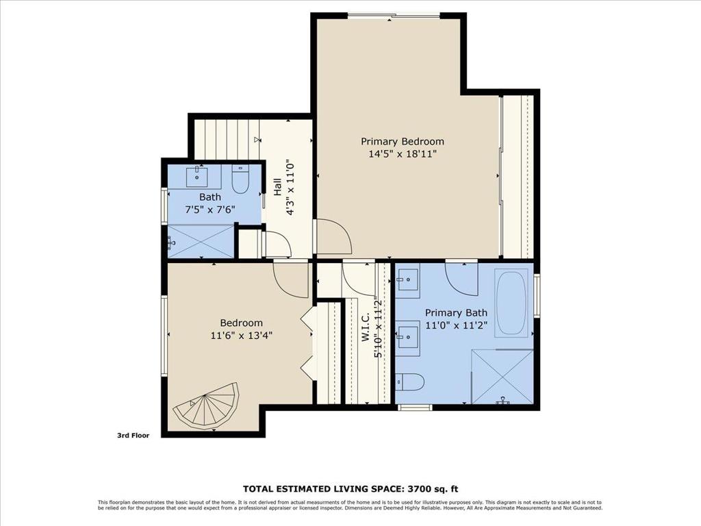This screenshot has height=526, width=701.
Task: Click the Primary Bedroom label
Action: tap(403, 142)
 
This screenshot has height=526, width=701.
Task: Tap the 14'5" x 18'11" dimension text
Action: tap(403, 154)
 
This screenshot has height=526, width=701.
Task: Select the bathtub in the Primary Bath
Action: tap(512, 303)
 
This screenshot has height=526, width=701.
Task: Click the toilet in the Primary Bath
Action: tap(410, 382)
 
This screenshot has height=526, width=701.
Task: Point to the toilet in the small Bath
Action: tap(240, 179)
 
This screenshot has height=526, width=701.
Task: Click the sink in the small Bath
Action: tap(196, 176)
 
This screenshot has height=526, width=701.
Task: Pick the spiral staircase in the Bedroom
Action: tap(207, 406)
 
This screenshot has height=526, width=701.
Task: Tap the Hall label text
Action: tap(278, 187)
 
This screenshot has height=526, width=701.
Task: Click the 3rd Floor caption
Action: tap(133, 435)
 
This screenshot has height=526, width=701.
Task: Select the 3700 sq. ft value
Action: tap(432, 489)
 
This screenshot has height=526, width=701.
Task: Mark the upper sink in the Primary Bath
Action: tap(408, 279)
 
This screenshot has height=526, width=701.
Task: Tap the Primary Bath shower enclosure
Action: tap(502, 376)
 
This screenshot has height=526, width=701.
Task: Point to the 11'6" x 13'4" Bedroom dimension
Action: tap(242, 336)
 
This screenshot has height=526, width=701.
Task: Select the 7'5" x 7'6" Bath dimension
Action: tap(210, 210)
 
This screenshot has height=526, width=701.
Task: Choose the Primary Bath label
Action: tap(456, 312)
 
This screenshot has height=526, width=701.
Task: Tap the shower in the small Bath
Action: tap(201, 242)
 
